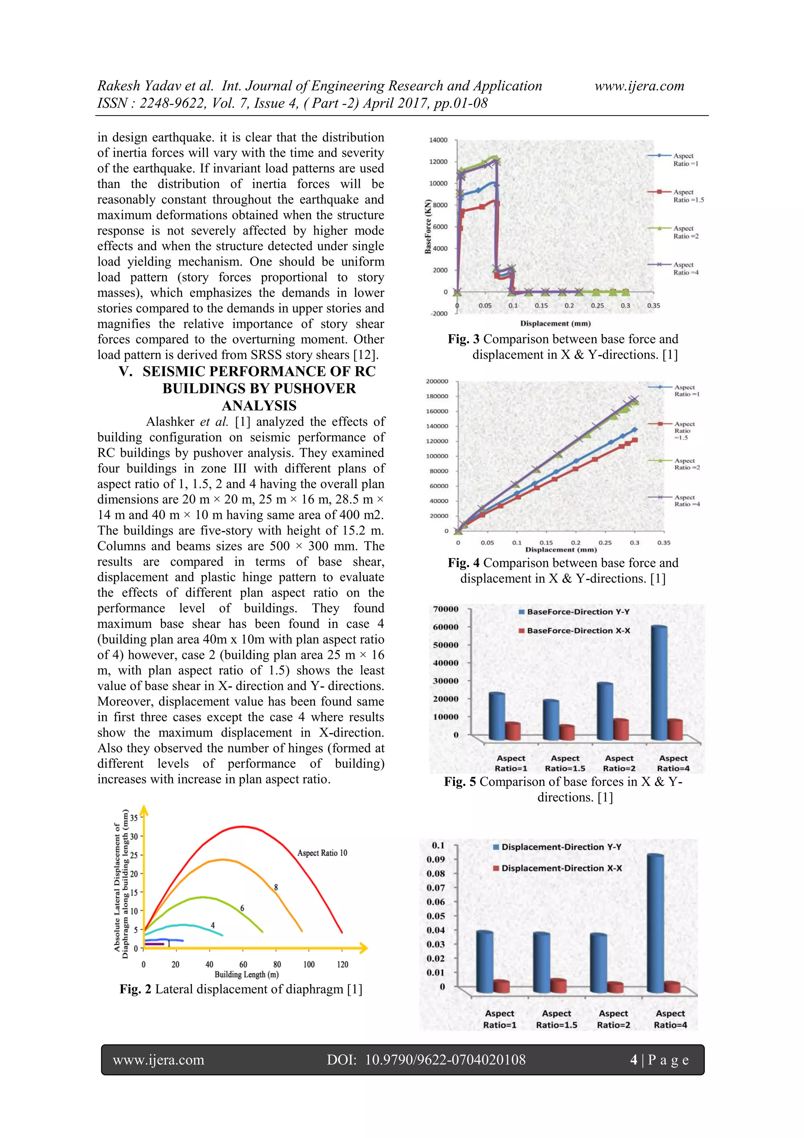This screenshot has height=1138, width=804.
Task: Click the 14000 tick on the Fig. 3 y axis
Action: [x=438, y=140]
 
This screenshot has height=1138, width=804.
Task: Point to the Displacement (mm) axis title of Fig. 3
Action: [x=555, y=323]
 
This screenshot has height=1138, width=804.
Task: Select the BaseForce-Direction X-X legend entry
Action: [x=577, y=630]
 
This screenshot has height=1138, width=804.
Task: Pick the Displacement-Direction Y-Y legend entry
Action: [x=561, y=847]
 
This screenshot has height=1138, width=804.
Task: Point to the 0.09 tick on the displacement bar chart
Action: [x=435, y=859]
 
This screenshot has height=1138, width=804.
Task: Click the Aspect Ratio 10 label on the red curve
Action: [x=322, y=852]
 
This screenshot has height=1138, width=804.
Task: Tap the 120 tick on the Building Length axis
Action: [x=342, y=964]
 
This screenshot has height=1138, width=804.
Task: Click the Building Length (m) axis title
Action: [x=246, y=975]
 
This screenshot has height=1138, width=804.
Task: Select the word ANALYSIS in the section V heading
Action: [x=259, y=405]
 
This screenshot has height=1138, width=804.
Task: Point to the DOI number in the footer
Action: [x=445, y=1060]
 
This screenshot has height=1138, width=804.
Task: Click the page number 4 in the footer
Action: [x=634, y=1060]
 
